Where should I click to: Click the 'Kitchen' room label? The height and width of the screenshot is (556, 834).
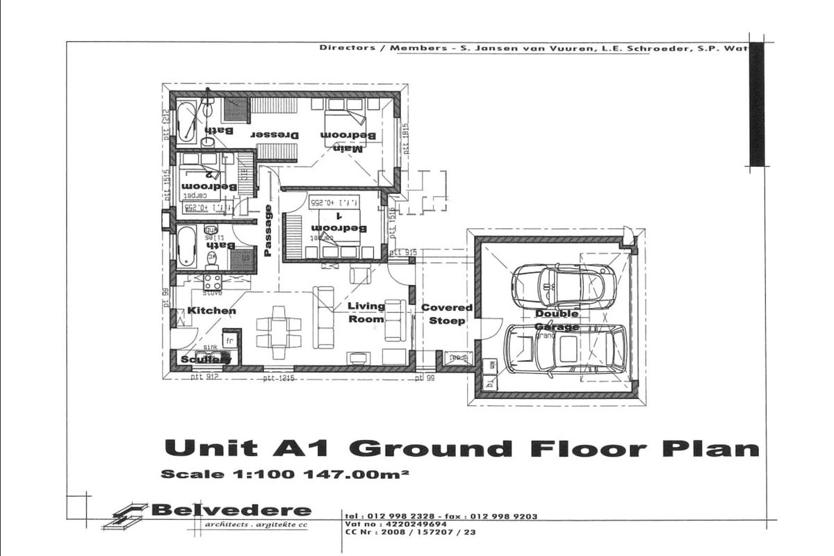tap(211, 311)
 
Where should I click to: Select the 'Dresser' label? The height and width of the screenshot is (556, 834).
tap(275, 135)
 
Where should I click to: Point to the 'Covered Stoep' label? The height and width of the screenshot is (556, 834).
tap(447, 313)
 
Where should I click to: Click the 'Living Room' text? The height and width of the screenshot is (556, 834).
tap(366, 312)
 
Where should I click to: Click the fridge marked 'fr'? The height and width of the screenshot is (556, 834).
tap(230, 340)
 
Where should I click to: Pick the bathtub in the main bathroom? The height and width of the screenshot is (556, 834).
tap(186, 122)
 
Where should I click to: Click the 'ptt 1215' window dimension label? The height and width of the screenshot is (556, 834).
tap(280, 378)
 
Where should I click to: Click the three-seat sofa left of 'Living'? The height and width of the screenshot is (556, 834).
tap(324, 317)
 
